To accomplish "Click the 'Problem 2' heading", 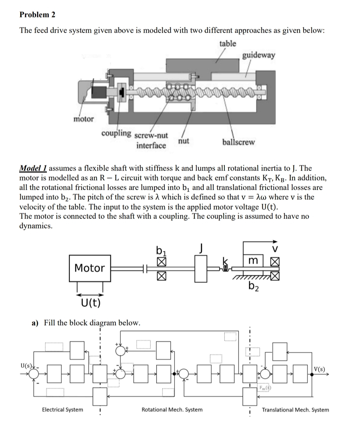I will point(37,15).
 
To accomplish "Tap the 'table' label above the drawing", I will point(227,43).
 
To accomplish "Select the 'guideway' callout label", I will point(258,55).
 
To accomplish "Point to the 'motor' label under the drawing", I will point(83,119).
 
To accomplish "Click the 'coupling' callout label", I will point(116,133).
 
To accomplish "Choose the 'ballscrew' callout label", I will point(238,142).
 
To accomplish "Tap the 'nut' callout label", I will point(184,141).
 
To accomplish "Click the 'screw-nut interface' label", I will point(151,141).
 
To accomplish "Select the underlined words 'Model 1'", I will point(33,168).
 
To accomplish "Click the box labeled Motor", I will point(89,268).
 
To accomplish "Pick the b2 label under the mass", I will point(253,286).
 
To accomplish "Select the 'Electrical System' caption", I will point(62,410).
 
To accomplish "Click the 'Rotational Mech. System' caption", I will point(172,410).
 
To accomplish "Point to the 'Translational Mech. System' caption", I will point(295,410).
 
